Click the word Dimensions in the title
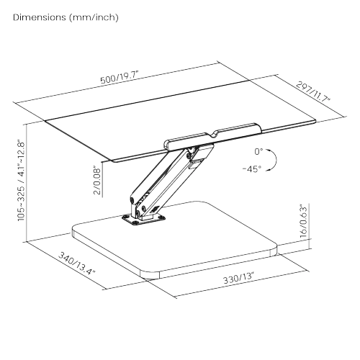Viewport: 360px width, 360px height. [x=40, y=17]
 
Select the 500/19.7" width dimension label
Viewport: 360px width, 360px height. [x=120, y=77]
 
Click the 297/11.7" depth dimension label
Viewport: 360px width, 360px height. [x=314, y=92]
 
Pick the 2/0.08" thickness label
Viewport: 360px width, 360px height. [x=97, y=180]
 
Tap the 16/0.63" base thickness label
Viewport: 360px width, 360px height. [x=304, y=221]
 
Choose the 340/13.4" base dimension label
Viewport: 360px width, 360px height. [x=77, y=264]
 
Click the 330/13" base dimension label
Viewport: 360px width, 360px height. [x=238, y=279]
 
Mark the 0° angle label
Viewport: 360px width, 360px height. [x=258, y=152]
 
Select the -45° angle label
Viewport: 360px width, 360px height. [x=252, y=169]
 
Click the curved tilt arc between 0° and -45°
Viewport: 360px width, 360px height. [x=276, y=160]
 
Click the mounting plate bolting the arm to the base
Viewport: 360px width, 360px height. [x=143, y=220]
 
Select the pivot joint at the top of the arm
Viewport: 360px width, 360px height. [x=192, y=150]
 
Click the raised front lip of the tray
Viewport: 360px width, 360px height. [x=212, y=137]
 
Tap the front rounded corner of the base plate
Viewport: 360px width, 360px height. [x=150, y=275]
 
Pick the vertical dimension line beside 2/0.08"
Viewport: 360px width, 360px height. [x=102, y=179]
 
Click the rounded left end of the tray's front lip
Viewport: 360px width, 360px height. [x=167, y=145]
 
